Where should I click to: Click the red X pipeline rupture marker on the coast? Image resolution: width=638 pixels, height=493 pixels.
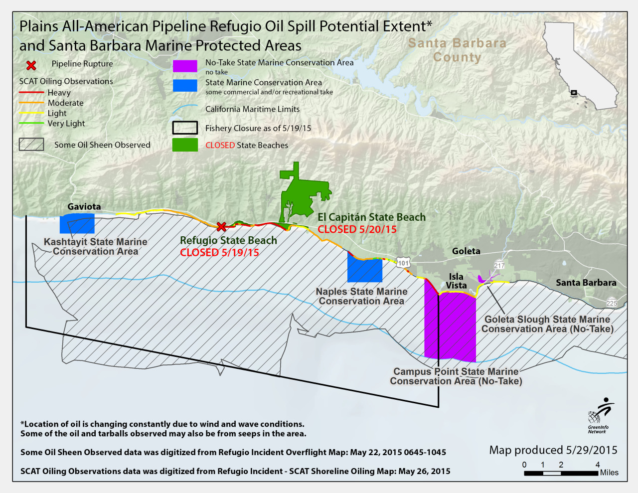(221, 227)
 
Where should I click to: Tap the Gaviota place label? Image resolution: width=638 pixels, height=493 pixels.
(84, 206)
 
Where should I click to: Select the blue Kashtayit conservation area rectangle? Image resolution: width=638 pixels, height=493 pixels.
(77, 224)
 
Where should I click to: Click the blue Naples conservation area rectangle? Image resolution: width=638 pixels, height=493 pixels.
(365, 269)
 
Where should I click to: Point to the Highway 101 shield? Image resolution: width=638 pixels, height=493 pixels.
(403, 263)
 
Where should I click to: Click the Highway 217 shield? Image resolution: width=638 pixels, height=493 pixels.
(499, 265)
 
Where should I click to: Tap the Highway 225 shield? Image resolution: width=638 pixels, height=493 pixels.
(612, 303)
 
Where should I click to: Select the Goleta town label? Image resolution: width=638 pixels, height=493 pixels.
(466, 251)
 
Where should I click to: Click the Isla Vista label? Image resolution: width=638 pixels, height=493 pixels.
(456, 281)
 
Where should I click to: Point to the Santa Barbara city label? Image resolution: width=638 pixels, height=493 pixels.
(586, 283)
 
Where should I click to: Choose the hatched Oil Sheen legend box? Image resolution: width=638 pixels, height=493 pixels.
(31, 145)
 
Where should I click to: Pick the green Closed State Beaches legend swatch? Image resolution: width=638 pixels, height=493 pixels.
(185, 145)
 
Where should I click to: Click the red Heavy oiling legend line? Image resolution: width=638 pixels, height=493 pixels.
(31, 93)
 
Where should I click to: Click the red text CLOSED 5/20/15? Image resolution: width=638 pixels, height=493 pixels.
(357, 229)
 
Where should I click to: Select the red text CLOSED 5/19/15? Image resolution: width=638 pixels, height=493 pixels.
(219, 252)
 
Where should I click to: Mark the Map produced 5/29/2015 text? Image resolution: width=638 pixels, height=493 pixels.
(553, 450)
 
